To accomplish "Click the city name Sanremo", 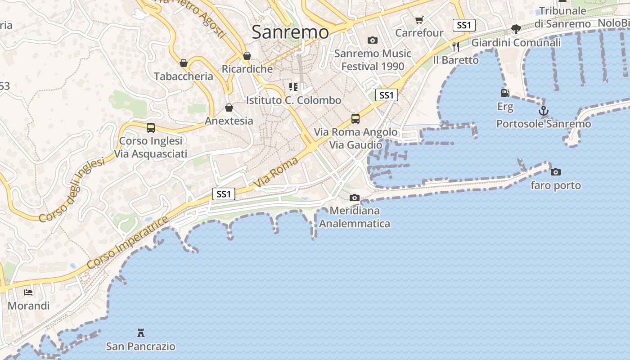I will pyautogui.click(x=290, y=32).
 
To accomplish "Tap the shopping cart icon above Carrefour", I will pyautogui.click(x=419, y=20).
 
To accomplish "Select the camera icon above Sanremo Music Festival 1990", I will pyautogui.click(x=373, y=40).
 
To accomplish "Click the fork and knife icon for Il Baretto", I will pyautogui.click(x=456, y=46).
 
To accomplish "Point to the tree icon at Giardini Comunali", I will pyautogui.click(x=516, y=29).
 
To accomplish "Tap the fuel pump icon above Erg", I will pyautogui.click(x=505, y=93).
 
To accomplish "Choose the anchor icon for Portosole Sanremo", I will pyautogui.click(x=544, y=110).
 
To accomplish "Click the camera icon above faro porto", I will pyautogui.click(x=556, y=172).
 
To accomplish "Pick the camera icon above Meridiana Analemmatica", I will pyautogui.click(x=355, y=198).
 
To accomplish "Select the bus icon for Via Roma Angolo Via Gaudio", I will pyautogui.click(x=355, y=119).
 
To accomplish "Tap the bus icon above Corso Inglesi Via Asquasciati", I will pyautogui.click(x=150, y=128).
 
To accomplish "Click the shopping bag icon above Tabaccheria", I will pyautogui.click(x=184, y=63).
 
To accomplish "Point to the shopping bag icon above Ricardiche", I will pyautogui.click(x=247, y=56).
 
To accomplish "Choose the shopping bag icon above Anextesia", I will pyautogui.click(x=229, y=108).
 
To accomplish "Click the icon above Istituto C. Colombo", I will pyautogui.click(x=293, y=86).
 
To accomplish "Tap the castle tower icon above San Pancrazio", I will pyautogui.click(x=141, y=333).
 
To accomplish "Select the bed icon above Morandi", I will pyautogui.click(x=28, y=292).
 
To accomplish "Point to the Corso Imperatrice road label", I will pyautogui.click(x=127, y=243).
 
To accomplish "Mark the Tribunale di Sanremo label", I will pyautogui.click(x=562, y=17).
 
